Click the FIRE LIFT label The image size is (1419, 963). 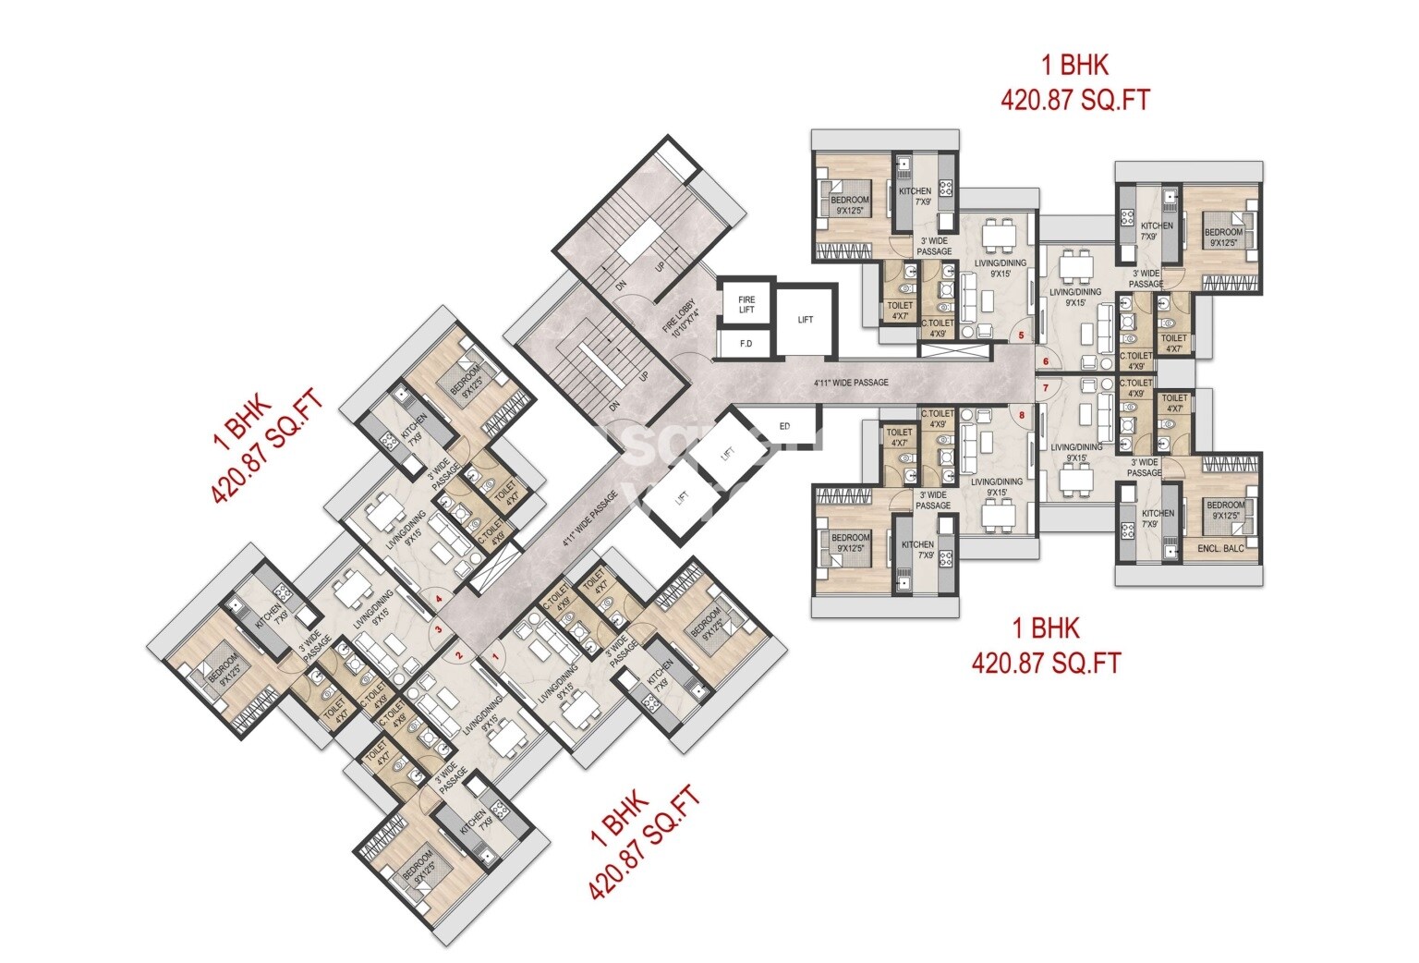(746, 304)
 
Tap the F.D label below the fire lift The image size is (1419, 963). (746, 344)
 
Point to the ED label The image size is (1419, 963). (784, 426)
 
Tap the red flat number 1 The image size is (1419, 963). (495, 656)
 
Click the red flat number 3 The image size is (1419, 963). (439, 631)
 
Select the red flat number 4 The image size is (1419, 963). (439, 598)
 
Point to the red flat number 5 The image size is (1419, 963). (1021, 335)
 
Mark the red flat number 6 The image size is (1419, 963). (1046, 360)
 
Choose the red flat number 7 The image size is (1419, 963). (1046, 388)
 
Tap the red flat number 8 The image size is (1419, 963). (1021, 415)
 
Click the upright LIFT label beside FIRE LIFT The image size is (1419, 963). (806, 320)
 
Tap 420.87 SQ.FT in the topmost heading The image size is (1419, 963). (1075, 99)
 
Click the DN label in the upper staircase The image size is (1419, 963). (622, 286)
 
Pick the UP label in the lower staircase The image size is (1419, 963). (643, 377)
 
